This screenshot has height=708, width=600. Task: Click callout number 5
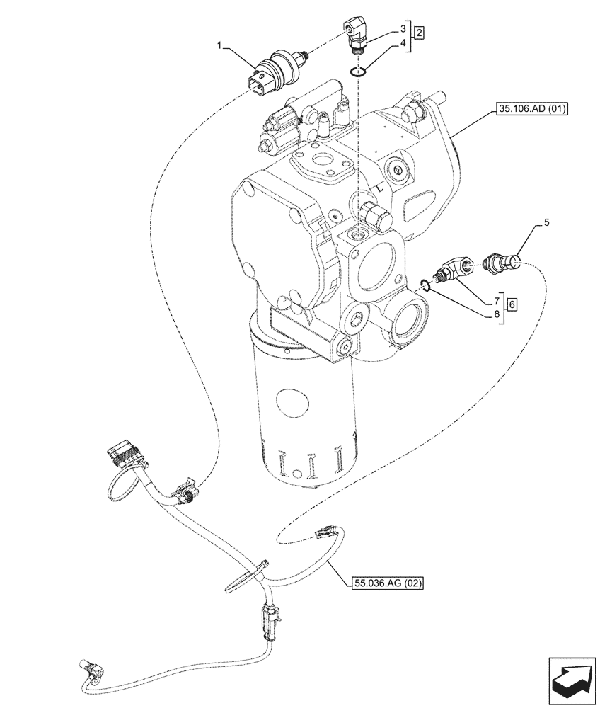tap(546, 223)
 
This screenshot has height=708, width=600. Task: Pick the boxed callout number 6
tap(512, 303)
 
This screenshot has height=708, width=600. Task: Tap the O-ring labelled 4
tap(359, 70)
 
